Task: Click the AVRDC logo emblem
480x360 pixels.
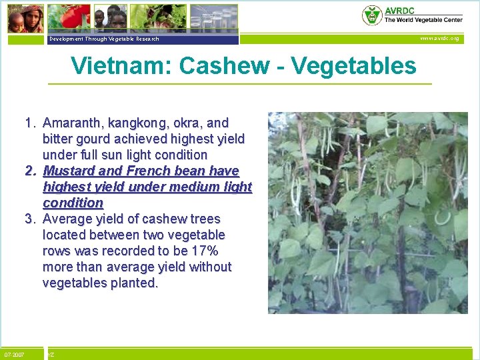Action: (x=372, y=15)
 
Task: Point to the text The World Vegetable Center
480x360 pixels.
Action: (x=423, y=20)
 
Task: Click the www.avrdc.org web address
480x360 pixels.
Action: (x=440, y=39)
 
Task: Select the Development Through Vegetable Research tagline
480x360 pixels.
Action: (x=103, y=39)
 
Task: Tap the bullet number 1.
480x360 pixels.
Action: (x=30, y=123)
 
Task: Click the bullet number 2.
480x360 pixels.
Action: (x=30, y=171)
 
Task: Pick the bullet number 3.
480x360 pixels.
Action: (x=30, y=219)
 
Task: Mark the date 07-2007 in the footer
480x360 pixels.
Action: (x=14, y=355)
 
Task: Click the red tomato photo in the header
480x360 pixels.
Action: (x=74, y=17)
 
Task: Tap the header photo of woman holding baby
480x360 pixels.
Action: (x=23, y=18)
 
